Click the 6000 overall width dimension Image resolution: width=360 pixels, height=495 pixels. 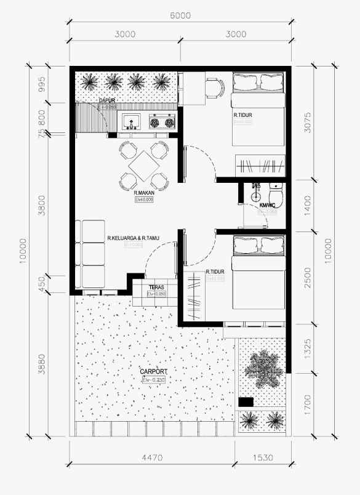(x=180, y=15)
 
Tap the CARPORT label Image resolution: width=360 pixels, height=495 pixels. (x=153, y=372)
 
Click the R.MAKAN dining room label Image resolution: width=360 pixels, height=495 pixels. (x=143, y=193)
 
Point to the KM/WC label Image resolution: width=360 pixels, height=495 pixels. (x=267, y=205)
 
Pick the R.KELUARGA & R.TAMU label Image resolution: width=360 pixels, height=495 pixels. (x=133, y=238)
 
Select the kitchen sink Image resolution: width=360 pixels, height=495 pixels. (x=131, y=122)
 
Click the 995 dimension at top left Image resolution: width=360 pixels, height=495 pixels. (x=42, y=85)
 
